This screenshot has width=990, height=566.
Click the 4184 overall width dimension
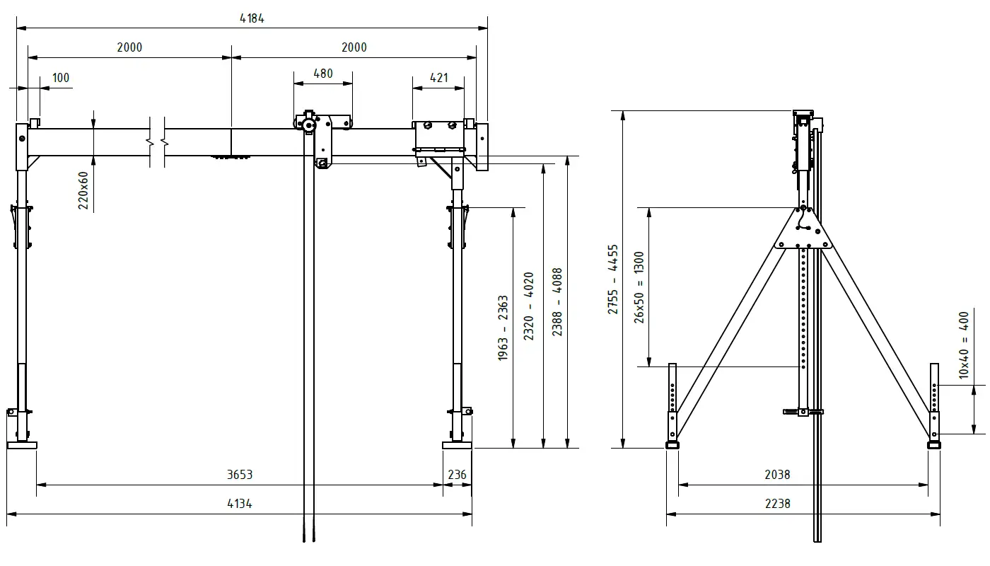[x=252, y=19]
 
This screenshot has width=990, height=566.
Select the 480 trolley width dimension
[x=322, y=74]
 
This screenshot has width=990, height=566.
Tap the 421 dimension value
[x=439, y=78]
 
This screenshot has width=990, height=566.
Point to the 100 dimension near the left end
[x=62, y=78]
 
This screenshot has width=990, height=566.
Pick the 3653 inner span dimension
[x=240, y=475]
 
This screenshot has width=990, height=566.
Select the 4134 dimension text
[x=240, y=504]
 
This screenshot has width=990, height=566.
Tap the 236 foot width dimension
[x=458, y=475]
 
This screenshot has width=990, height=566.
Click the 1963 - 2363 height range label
[x=503, y=328]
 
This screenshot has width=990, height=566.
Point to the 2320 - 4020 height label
[x=529, y=306]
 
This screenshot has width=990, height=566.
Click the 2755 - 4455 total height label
[x=613, y=280]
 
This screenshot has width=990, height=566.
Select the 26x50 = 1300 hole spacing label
[x=639, y=287]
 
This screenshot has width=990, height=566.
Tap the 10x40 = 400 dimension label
[x=964, y=345]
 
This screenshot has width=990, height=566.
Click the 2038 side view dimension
[x=777, y=475]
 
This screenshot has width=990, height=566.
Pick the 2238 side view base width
[x=777, y=504]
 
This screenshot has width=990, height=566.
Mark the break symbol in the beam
[x=157, y=142]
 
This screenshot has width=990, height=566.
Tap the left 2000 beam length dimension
[x=129, y=47]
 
